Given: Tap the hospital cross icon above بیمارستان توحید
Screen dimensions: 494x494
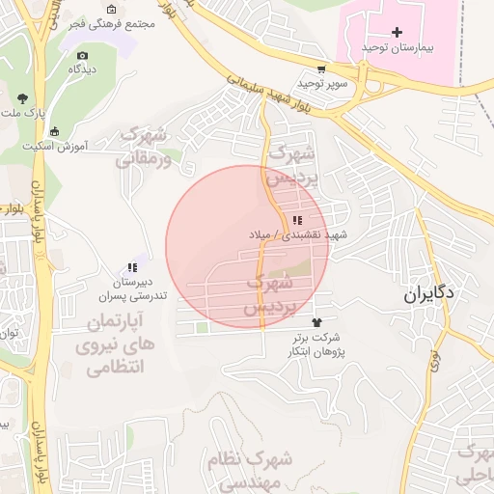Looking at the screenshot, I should coord(397,33).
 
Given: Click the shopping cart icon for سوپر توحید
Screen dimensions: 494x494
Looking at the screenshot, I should coord(321,70).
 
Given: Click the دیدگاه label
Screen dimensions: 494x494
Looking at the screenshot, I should coord(81,70).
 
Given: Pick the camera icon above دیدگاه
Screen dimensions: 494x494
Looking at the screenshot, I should coord(82,56).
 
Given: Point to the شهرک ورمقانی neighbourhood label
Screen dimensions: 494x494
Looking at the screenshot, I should coord(145,147).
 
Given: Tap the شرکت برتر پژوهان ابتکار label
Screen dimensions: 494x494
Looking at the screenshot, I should coord(316,345).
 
